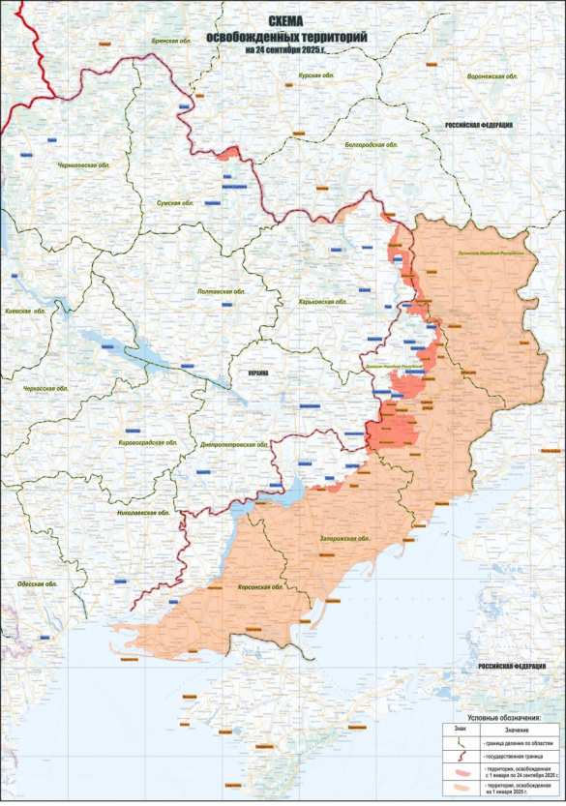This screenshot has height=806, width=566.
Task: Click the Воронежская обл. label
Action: point(493,75)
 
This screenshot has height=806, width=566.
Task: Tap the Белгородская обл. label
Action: point(372,144)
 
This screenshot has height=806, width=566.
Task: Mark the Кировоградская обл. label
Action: point(148,441)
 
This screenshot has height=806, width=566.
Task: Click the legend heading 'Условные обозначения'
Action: point(502,718)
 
